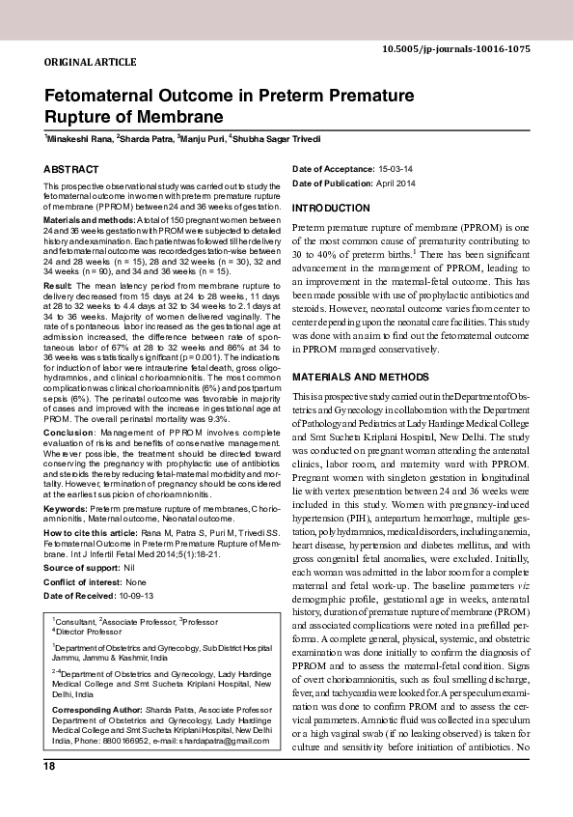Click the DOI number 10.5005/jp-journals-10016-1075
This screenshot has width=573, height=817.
coord(469,48)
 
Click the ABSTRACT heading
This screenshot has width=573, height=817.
coord(71,169)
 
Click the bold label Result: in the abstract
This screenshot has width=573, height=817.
coord(59,287)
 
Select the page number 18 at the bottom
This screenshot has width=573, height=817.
coord(48,766)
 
